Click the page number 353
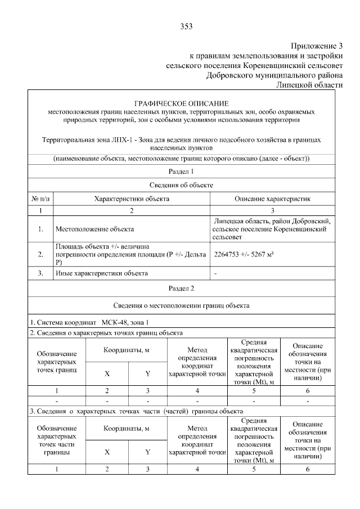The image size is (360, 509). tap(187, 26)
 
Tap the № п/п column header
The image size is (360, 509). tap(40, 199)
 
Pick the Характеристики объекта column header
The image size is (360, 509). tap(131, 199)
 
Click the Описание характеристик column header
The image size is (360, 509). tap(272, 199)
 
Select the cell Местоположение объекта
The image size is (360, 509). tap(94, 229)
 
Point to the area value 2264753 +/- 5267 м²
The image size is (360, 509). tap(244, 254)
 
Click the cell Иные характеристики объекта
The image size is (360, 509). tap(101, 273)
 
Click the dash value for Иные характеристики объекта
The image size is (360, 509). tap(216, 273)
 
